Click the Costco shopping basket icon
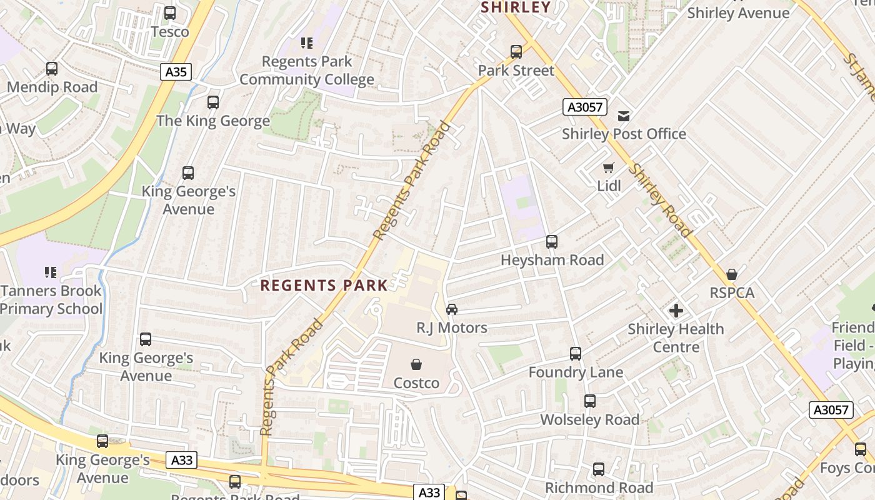click(416, 364)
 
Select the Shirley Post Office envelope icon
click(623, 116)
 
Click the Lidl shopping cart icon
click(608, 167)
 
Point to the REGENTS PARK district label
click(324, 286)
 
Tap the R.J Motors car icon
click(451, 309)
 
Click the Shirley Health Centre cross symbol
click(676, 310)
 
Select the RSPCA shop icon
click(732, 274)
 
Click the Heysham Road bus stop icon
click(552, 241)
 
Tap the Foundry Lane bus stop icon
click(576, 354)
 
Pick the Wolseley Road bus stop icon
click(589, 401)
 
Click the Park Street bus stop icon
click(516, 52)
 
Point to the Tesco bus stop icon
click(169, 13)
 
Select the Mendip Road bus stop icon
click(52, 69)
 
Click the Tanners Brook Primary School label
click(51, 299)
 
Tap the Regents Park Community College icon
click(306, 43)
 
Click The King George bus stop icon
click(213, 102)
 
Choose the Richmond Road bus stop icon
click(598, 469)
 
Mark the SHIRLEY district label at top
click(516, 7)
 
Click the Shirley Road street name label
click(661, 201)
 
